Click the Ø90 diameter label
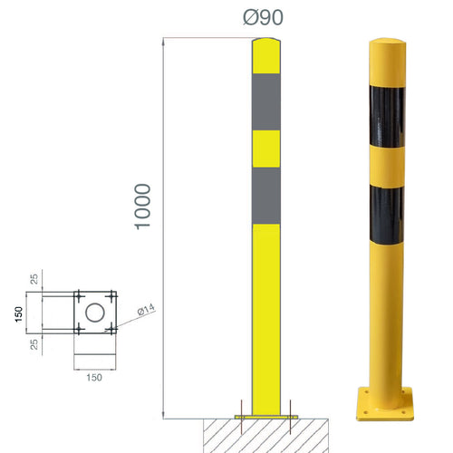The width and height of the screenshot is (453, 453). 264,19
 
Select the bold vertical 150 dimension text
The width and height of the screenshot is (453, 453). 17,313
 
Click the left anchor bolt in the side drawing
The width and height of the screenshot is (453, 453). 241,410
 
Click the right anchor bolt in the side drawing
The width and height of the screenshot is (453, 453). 289,410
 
